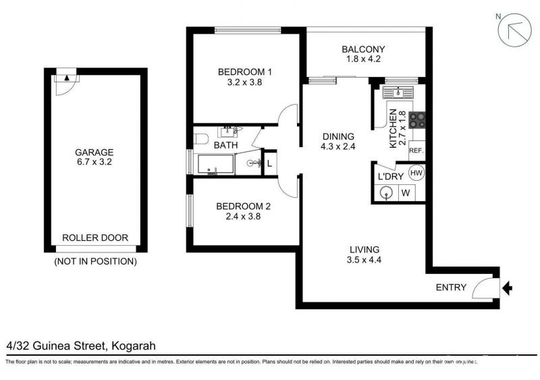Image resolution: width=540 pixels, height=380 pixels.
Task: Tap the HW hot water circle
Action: (x=416, y=173)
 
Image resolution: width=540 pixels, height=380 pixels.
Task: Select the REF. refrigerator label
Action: (x=416, y=151)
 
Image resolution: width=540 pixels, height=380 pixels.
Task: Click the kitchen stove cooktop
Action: (x=417, y=119)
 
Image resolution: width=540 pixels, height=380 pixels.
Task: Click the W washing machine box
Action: (x=407, y=193)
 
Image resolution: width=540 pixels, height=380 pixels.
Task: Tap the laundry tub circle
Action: (x=387, y=193)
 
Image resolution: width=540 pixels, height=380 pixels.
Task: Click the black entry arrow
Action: (x=508, y=289)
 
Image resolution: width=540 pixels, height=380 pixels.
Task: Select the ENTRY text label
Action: (x=451, y=288)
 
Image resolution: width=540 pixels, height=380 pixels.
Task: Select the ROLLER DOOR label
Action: (x=94, y=238)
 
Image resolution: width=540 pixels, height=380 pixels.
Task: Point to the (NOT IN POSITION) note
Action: (x=95, y=261)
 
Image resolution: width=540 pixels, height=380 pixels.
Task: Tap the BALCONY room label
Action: (x=363, y=49)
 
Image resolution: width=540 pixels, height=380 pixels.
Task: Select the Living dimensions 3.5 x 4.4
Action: (x=364, y=260)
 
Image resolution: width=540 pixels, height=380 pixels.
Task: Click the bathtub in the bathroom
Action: (x=215, y=164)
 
